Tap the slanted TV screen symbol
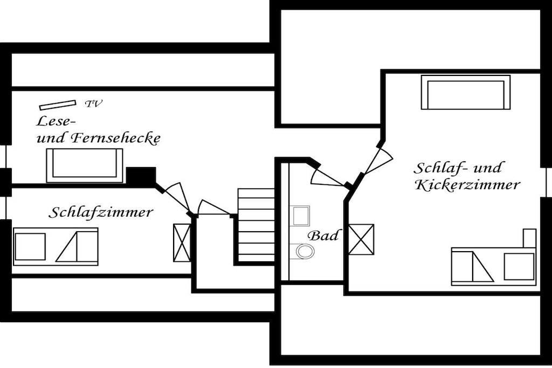coord(57,104)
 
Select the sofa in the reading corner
coord(85,165)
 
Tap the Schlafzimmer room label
coord(101,212)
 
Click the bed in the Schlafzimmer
coord(56,246)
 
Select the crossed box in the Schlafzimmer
coord(182,242)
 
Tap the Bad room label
coord(323,235)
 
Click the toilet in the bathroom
coord(305,251)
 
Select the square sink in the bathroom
coord(301,216)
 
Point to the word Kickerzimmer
coord(467,185)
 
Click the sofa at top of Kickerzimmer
coord(465,92)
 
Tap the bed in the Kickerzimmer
coord(493,266)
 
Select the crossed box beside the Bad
coord(361,239)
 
